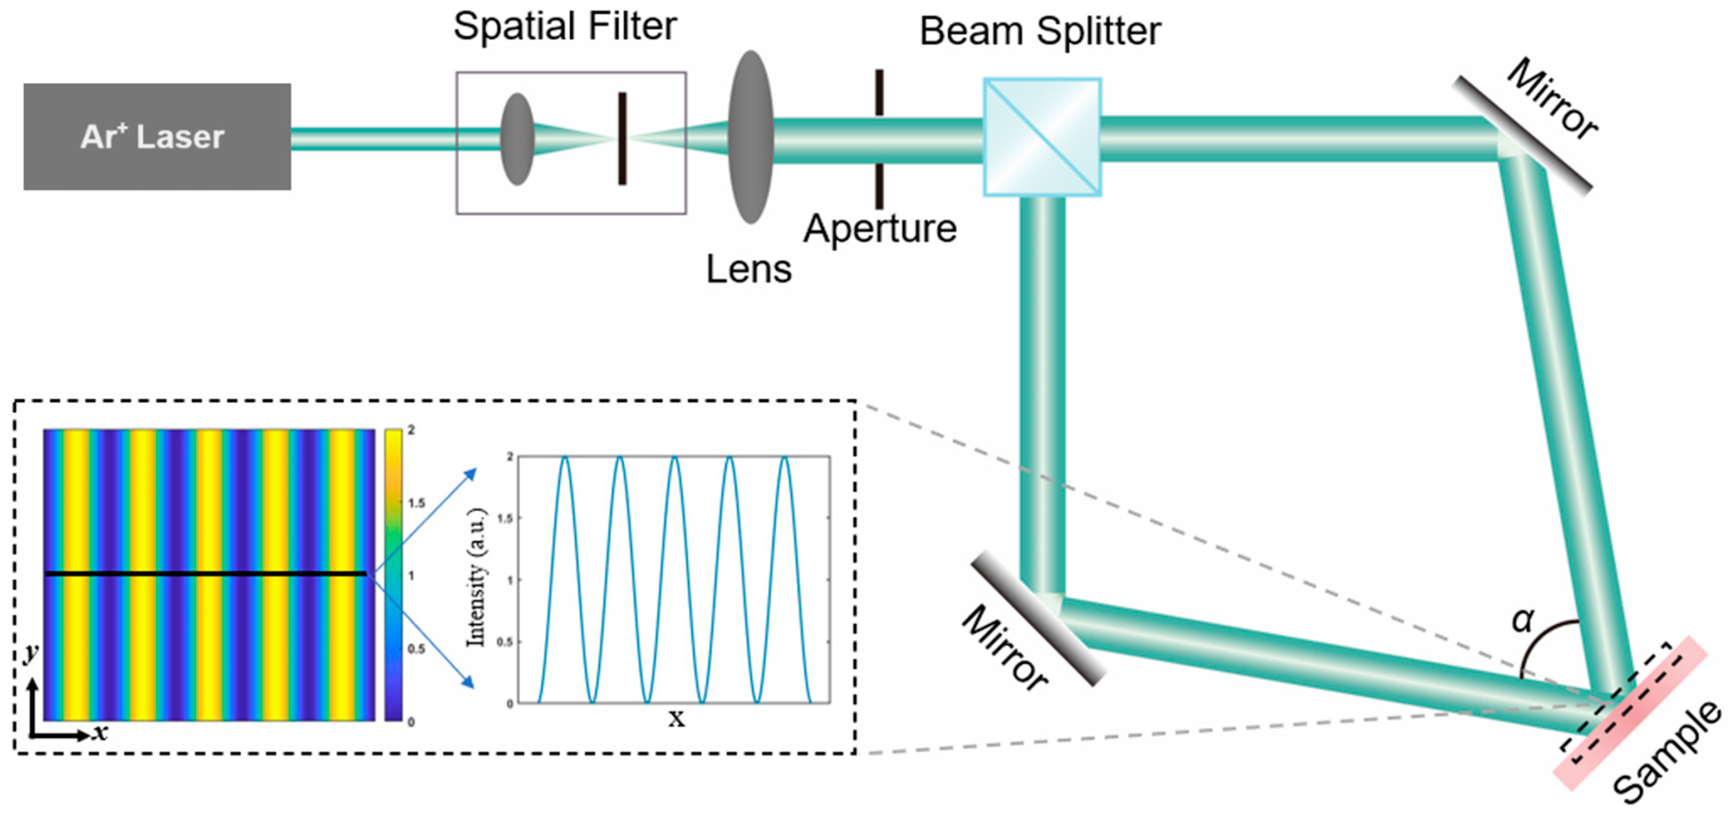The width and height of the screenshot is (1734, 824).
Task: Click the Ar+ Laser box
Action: pyautogui.click(x=157, y=137)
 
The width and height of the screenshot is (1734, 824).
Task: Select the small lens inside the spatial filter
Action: pyautogui.click(x=517, y=138)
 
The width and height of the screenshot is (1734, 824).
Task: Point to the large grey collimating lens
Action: pyautogui.click(x=750, y=137)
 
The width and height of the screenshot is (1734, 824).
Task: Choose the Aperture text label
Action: pyautogui.click(x=879, y=229)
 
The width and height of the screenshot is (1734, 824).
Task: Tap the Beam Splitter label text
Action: pyautogui.click(x=1040, y=31)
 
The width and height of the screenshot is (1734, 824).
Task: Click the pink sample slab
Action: pyautogui.click(x=1629, y=714)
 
